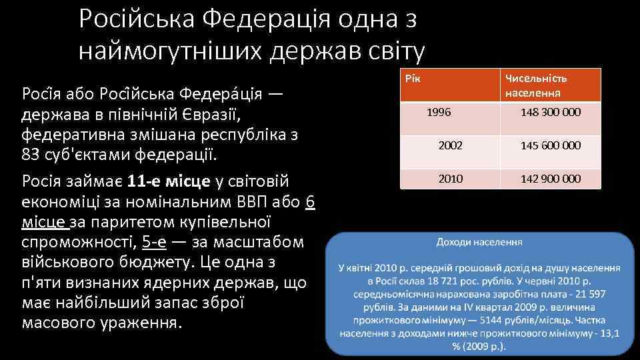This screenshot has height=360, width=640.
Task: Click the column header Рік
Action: pos(414,79)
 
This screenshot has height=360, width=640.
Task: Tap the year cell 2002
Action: pos(450,145)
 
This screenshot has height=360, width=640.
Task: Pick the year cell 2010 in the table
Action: pos(450,179)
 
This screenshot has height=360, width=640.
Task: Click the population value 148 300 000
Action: pos(550,112)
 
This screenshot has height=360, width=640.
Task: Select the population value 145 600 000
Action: pos(550,145)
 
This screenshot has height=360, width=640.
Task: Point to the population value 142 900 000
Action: pos(550,179)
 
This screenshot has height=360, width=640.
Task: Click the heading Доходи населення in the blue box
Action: pos(479,241)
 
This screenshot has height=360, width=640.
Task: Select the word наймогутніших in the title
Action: pos(169,50)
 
